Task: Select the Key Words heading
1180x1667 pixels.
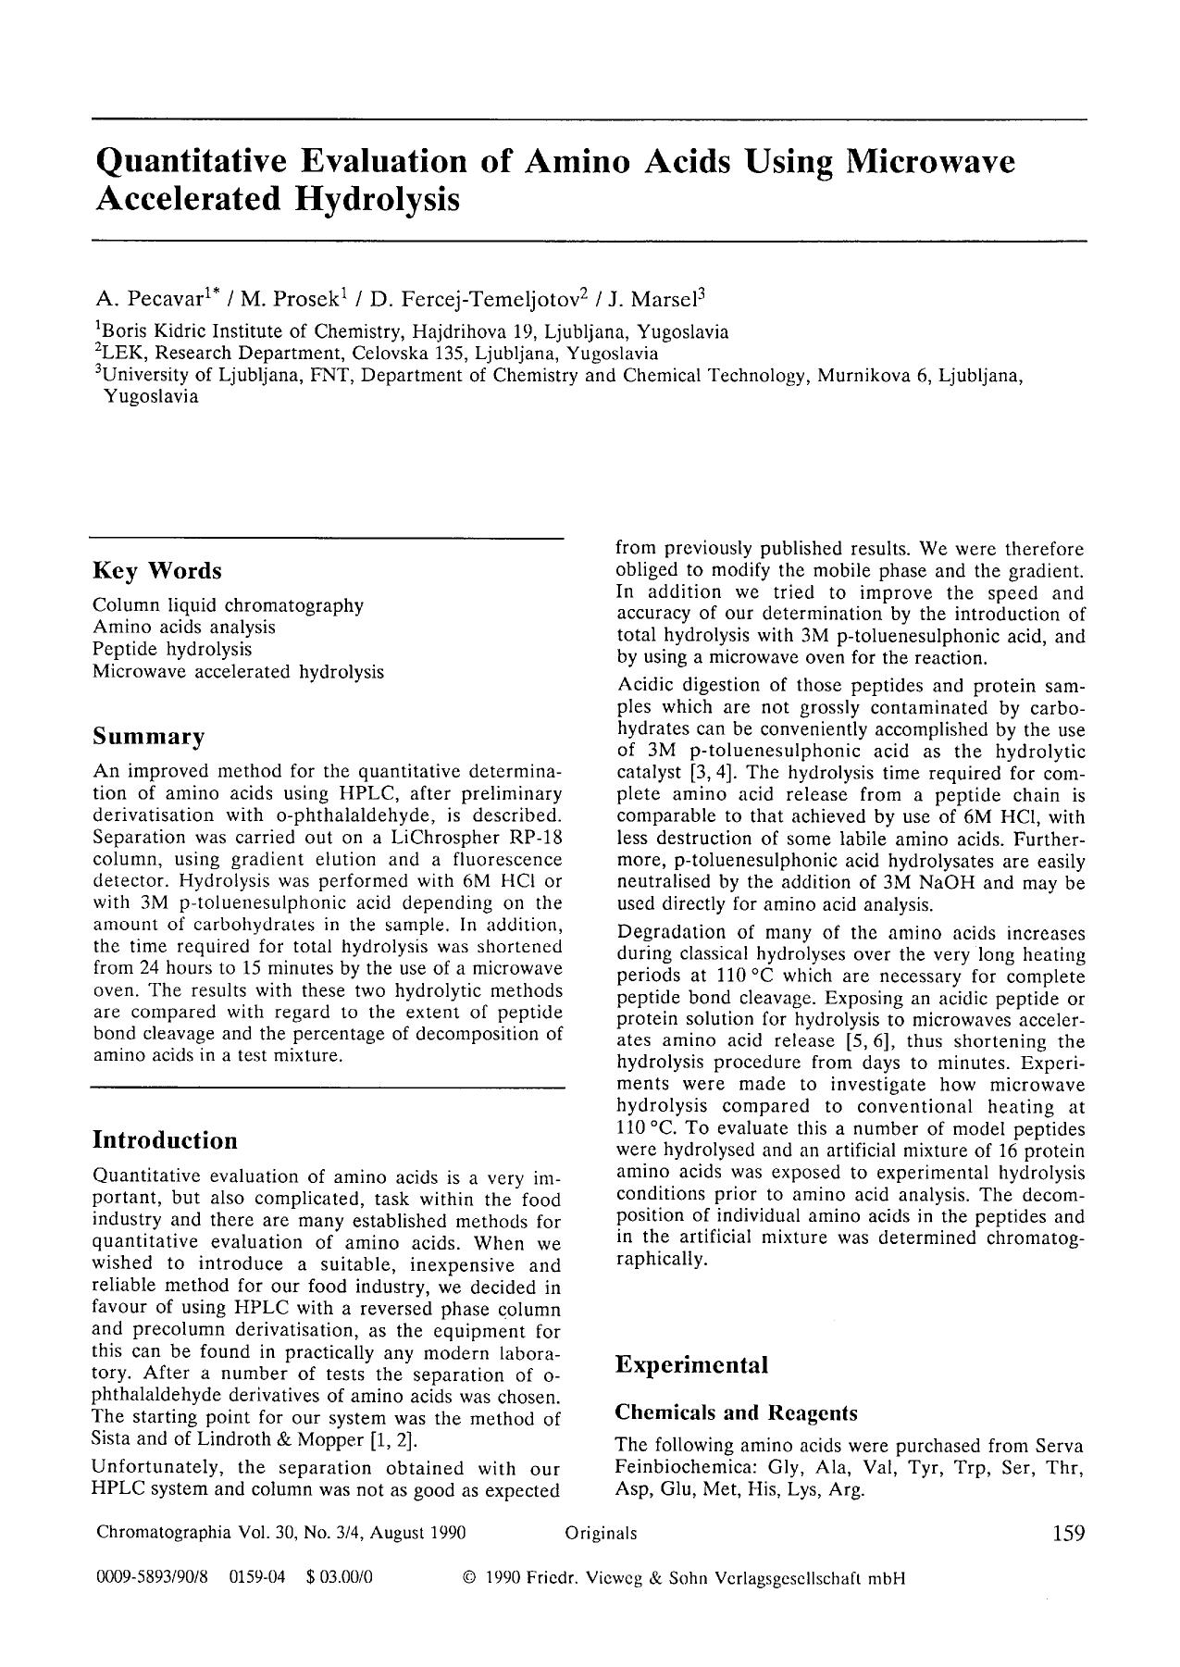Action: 157,570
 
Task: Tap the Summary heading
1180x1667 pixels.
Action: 149,737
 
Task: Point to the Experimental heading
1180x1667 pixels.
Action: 692,1364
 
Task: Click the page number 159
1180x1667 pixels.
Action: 1068,1534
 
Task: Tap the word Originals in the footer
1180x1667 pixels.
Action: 601,1534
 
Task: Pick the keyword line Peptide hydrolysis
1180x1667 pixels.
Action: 172,649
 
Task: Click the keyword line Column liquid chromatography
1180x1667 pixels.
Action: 228,605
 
